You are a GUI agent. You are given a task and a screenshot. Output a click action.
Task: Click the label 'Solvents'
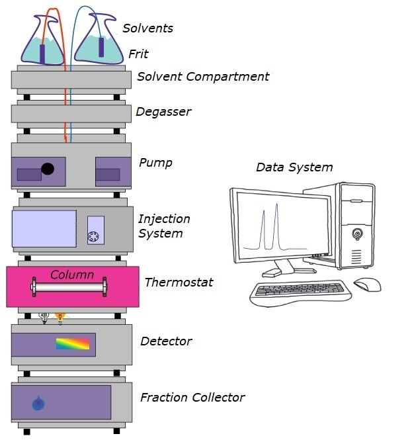tap(147, 28)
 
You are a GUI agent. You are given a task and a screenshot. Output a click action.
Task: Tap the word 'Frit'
tap(138, 54)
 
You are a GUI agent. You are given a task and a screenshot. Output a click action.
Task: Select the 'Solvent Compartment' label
tap(203, 77)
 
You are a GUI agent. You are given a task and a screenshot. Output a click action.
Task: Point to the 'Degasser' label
tap(163, 112)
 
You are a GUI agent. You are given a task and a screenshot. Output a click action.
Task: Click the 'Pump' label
tap(155, 163)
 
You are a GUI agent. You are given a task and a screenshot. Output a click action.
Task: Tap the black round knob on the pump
tap(48, 168)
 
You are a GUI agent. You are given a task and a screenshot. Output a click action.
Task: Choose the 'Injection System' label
tap(164, 226)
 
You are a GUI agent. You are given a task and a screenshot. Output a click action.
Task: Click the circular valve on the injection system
tap(95, 236)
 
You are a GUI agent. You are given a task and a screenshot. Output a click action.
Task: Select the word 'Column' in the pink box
tap(72, 275)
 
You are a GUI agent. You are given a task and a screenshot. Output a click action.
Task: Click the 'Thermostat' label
tap(179, 283)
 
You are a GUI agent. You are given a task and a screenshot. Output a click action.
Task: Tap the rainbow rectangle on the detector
tap(71, 343)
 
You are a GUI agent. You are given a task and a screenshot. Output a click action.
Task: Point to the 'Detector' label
tap(166, 341)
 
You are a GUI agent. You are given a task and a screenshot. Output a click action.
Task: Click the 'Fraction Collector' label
tap(192, 398)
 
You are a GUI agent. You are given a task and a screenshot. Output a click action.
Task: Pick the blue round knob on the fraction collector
tap(38, 402)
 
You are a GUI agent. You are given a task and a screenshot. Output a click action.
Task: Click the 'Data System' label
tap(294, 167)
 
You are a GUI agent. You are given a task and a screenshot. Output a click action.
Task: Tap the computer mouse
tap(367, 285)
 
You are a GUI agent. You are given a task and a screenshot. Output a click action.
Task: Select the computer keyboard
tap(301, 290)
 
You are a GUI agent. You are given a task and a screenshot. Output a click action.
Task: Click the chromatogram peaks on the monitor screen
tap(270, 228)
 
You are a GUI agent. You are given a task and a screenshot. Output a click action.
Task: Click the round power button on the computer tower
tap(357, 233)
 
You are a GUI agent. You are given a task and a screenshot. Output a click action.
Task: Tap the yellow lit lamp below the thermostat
tap(60, 318)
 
